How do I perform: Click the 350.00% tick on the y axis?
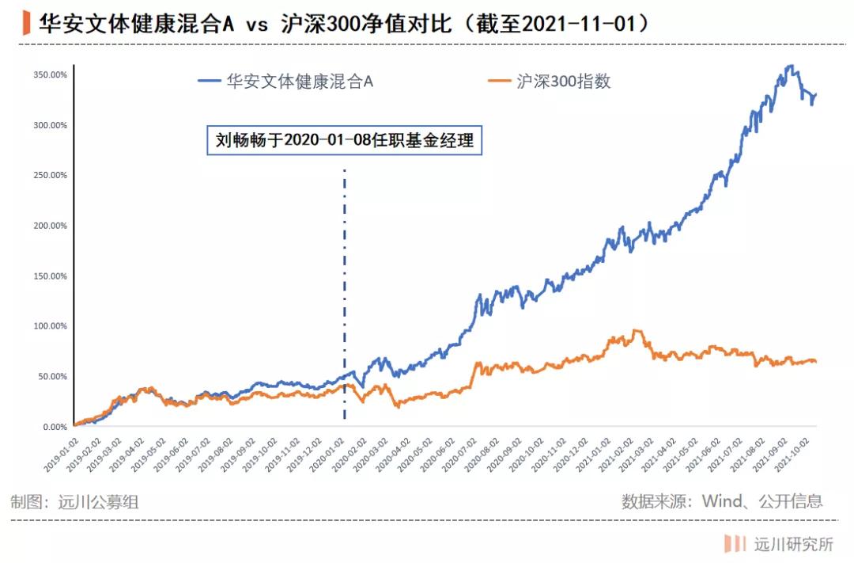pyautogui.click(x=51, y=74)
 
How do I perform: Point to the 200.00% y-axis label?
pyautogui.click(x=51, y=226)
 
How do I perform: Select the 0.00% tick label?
pyautogui.click(x=54, y=427)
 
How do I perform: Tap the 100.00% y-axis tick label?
pyautogui.click(x=51, y=326)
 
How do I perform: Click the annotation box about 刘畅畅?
pyautogui.click(x=344, y=140)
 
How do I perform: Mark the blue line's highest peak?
pyautogui.click(x=789, y=67)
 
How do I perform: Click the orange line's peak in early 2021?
pyautogui.click(x=637, y=331)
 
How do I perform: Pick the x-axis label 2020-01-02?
pyautogui.click(x=329, y=455)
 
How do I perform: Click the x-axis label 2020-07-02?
pyautogui.click(x=463, y=455)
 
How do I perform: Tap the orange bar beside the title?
pyautogui.click(x=27, y=23)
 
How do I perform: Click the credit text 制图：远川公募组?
pyautogui.click(x=76, y=501)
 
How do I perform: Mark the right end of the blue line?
pyautogui.click(x=816, y=94)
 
